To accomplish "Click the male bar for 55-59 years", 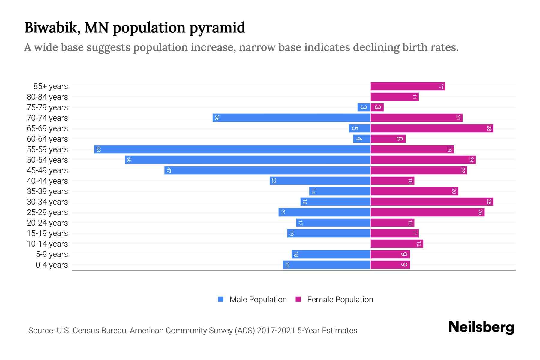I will click(x=232, y=149).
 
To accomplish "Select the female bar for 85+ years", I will click(x=408, y=86).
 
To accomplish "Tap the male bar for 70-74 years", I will click(x=292, y=118).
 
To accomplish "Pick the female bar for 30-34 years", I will click(x=432, y=202).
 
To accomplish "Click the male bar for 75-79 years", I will click(x=364, y=107).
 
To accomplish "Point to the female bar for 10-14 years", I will click(x=397, y=244).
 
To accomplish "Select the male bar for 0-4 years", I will click(x=327, y=265).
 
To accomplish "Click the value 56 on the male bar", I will click(x=129, y=160).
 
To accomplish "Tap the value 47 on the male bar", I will click(x=169, y=170).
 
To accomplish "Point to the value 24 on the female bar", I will click(x=471, y=160).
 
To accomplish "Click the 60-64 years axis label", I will click(x=47, y=139).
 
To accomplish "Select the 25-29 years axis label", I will click(x=47, y=212).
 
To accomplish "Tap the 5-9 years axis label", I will click(x=52, y=254).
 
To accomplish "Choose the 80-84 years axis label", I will click(x=47, y=97).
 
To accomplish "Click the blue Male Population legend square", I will click(x=221, y=299).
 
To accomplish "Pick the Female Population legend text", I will click(x=340, y=300).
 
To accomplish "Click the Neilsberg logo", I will click(x=481, y=327).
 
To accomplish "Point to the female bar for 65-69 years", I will click(x=432, y=128).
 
